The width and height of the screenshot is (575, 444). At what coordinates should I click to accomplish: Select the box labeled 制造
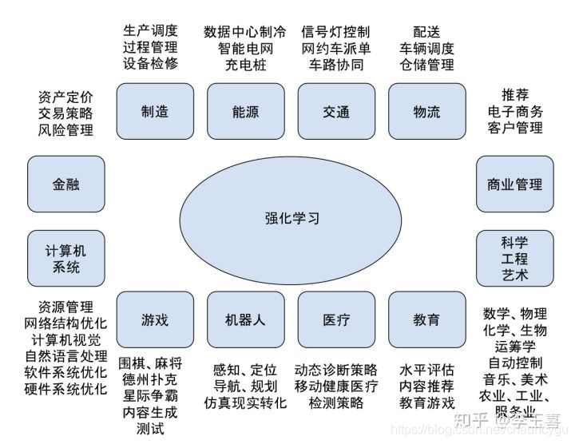155,112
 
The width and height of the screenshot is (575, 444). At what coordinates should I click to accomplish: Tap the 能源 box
245,112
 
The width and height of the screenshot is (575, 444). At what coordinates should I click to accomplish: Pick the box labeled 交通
336,112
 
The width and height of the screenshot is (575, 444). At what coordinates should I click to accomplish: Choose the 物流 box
426,112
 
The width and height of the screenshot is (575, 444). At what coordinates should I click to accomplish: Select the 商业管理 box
515,184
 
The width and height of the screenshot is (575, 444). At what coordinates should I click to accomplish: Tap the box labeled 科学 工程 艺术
515,259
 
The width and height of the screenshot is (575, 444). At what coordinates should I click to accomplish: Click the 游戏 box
155,320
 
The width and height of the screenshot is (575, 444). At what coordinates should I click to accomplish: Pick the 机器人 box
245,320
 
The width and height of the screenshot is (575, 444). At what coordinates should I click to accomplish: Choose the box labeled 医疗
336,320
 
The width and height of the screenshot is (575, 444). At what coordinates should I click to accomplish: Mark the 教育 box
426,320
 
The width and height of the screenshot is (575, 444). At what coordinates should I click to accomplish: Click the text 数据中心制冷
245,32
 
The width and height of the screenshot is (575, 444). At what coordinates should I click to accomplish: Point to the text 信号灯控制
336,32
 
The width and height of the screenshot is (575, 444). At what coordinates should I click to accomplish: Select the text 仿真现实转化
245,402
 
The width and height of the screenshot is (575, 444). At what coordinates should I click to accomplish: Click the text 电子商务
515,111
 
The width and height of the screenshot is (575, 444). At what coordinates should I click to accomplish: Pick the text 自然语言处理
65,356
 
